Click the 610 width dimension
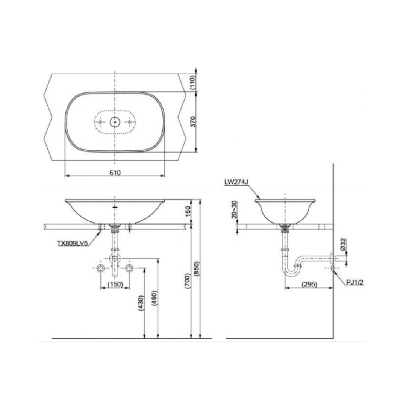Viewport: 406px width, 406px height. pyautogui.click(x=115, y=173)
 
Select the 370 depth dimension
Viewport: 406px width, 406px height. pyautogui.click(x=193, y=122)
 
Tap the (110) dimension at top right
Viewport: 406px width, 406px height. pyautogui.click(x=193, y=82)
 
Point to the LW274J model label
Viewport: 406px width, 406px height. pyautogui.click(x=236, y=182)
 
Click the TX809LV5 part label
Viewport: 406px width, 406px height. pyautogui.click(x=73, y=243)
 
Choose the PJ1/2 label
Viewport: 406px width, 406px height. pyautogui.click(x=355, y=282)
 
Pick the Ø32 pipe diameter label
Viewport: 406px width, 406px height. pyautogui.click(x=343, y=244)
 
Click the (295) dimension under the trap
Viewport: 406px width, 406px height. pyautogui.click(x=309, y=284)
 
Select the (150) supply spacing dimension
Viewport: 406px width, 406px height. pyautogui.click(x=115, y=284)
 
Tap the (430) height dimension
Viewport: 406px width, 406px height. pyautogui.click(x=141, y=303)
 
